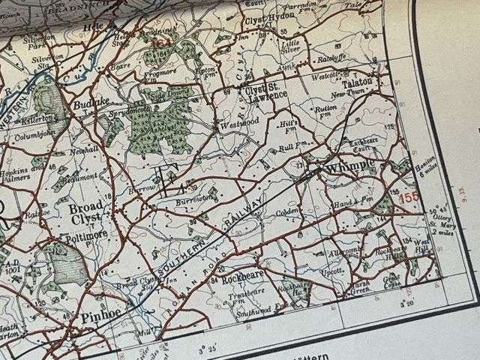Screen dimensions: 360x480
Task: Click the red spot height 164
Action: [x=160, y=42]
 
